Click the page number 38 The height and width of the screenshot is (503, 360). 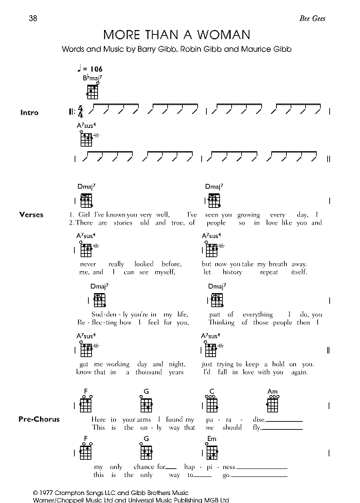33,17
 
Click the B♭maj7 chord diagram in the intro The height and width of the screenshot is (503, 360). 92,91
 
